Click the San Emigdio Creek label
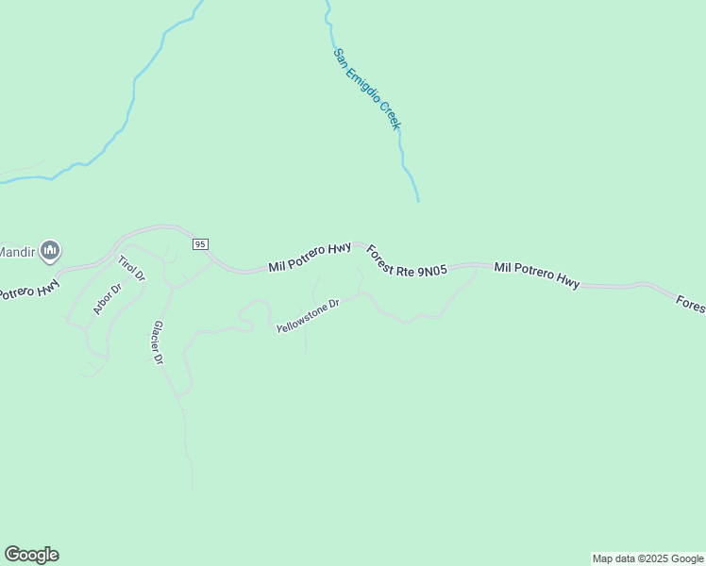(x=367, y=90)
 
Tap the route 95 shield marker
(x=199, y=244)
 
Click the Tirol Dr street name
(x=131, y=269)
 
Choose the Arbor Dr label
(x=108, y=299)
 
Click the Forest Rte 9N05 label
(x=406, y=261)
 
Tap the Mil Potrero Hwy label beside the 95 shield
(x=310, y=257)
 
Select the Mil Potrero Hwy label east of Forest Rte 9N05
(x=536, y=275)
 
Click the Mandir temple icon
(x=51, y=250)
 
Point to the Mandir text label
(x=16, y=251)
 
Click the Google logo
(x=31, y=555)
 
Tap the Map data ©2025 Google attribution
(x=648, y=558)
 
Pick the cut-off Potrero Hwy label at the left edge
(x=29, y=287)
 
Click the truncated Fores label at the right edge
(x=691, y=304)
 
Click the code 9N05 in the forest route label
(x=431, y=271)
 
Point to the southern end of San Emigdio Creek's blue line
(x=417, y=199)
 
